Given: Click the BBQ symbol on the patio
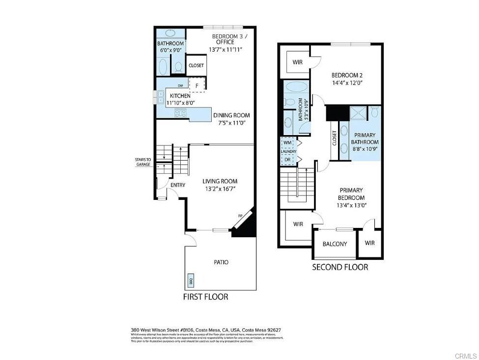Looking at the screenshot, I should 191,281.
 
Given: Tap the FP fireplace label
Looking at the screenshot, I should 240,216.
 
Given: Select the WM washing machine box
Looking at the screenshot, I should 287,143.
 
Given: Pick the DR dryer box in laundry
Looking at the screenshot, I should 287,159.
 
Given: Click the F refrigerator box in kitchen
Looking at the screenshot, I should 197,85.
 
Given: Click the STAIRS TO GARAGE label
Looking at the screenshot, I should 143,162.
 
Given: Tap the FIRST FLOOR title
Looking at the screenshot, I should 205,297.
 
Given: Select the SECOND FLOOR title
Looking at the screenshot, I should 340,267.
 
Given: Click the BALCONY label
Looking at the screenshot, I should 335,244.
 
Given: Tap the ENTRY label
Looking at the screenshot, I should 177,185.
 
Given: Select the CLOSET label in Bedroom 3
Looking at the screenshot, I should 196,65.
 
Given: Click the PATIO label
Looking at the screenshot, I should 221,262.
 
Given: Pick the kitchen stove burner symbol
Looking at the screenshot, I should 180,113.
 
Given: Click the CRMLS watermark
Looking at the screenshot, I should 466,355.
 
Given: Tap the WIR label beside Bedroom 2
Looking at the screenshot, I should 297,62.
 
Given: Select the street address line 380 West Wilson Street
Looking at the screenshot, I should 206,330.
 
